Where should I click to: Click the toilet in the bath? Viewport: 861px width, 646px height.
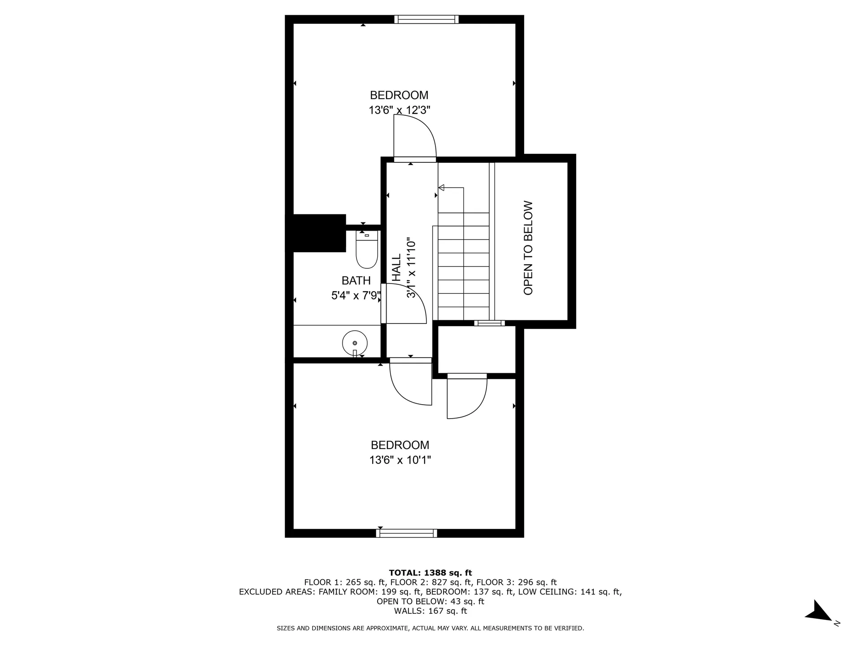(367, 251)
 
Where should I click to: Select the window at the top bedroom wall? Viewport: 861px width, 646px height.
(426, 19)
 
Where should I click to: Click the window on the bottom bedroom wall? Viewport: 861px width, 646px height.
(407, 533)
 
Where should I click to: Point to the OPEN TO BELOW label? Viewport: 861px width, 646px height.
(528, 248)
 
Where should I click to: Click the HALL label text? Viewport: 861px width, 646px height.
(396, 268)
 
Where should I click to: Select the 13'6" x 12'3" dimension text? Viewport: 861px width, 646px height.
(400, 110)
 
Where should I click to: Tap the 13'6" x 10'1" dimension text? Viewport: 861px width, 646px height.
(400, 460)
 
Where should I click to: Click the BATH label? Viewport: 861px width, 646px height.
(356, 281)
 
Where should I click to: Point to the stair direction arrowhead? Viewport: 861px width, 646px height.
(441, 188)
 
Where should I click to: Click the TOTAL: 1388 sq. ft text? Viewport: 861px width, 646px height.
(430, 573)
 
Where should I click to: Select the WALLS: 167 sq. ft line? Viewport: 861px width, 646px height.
(430, 611)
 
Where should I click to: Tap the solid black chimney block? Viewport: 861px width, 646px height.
(318, 233)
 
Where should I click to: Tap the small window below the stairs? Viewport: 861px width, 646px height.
(490, 323)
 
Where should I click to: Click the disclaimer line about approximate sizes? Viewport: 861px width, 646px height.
(430, 629)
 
